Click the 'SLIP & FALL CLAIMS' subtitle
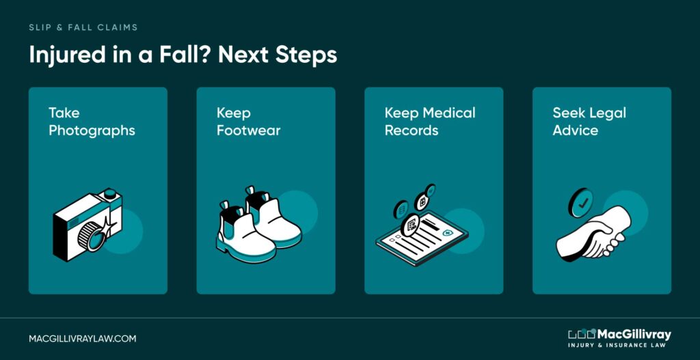tap(83, 27)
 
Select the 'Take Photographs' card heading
tap(92, 122)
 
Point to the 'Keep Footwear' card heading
tap(249, 122)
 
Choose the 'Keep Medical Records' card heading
tap(430, 122)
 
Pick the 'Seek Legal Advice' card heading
tap(589, 122)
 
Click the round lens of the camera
tap(92, 235)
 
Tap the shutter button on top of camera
tap(111, 194)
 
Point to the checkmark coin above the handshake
tap(581, 202)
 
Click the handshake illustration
tap(594, 234)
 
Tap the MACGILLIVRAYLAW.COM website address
tap(83, 339)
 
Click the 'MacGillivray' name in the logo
tap(634, 334)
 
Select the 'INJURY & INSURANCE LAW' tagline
tap(619, 346)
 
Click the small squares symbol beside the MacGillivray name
tap(582, 333)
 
